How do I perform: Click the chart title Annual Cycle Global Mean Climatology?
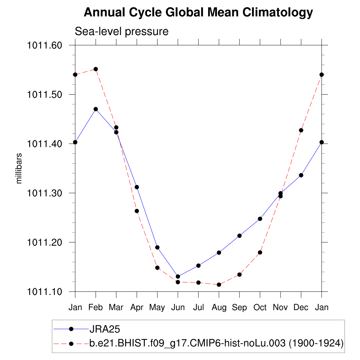tap(198, 13)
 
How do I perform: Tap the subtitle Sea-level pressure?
tap(122, 32)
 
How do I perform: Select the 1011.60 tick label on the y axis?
tap(45, 45)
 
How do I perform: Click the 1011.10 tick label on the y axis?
tap(45, 292)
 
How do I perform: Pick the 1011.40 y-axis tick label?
tap(45, 144)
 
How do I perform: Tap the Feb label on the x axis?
tap(96, 308)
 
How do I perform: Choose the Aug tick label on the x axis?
tap(219, 308)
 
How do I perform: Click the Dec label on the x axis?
tap(301, 308)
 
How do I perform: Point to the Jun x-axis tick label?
tap(178, 308)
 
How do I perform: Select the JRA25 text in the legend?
tap(105, 329)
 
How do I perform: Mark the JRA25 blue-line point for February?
tap(96, 109)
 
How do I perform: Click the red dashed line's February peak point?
tap(96, 69)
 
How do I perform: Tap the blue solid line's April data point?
tap(137, 187)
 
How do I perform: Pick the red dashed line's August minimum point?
tap(219, 284)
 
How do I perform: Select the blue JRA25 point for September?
tap(239, 236)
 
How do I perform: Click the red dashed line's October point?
tap(260, 252)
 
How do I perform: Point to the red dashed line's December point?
tap(301, 130)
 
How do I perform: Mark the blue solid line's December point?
tap(301, 175)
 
